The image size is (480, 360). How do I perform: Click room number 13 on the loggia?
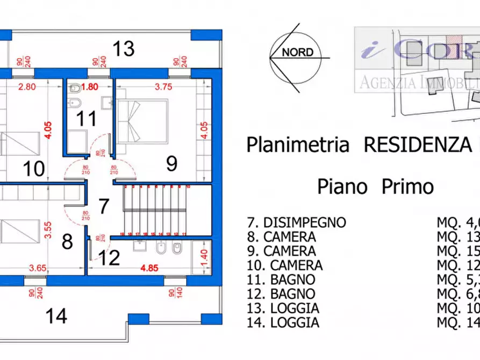[123, 49]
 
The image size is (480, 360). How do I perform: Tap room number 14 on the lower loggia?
[56, 315]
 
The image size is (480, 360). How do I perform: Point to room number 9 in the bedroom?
[171, 163]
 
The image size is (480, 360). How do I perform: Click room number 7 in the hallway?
[104, 206]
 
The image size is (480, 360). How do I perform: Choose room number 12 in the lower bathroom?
[109, 258]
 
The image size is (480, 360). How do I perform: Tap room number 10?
[34, 169]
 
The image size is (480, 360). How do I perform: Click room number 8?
[67, 242]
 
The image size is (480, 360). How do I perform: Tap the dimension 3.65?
[39, 267]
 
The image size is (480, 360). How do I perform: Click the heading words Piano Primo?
[375, 186]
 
